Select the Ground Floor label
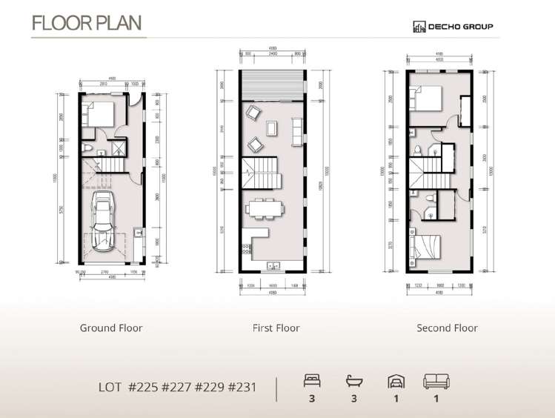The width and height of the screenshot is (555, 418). tap(111, 328)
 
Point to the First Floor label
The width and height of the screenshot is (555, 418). tap(276, 328)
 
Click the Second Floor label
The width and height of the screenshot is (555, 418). tap(447, 328)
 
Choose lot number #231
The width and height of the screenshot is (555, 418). tap(242, 387)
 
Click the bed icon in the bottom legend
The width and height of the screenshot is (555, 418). tap(311, 382)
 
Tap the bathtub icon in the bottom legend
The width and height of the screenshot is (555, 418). tap(354, 382)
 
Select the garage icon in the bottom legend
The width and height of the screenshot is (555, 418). tap(396, 382)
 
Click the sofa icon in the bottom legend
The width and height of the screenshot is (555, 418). tap(436, 382)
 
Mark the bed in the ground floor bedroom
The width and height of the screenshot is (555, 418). tap(98, 115)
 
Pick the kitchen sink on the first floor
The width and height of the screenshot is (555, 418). tap(272, 265)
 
